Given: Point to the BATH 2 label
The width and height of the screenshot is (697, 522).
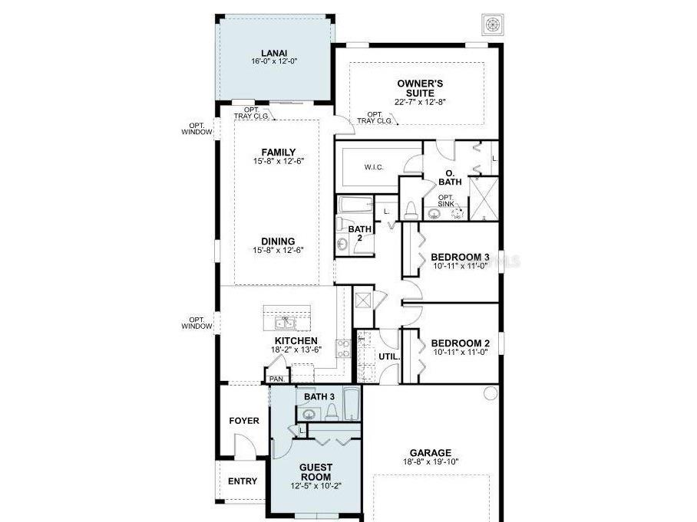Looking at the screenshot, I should [x=359, y=233].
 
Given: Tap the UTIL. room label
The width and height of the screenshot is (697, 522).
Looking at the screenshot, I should [x=389, y=356].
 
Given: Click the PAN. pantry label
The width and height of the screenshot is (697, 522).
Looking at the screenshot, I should [x=276, y=379].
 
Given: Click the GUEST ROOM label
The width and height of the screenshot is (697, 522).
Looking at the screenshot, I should [x=315, y=472].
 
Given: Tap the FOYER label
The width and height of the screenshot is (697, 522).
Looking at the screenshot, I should [x=245, y=421].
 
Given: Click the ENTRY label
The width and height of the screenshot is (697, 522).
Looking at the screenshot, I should [x=243, y=481].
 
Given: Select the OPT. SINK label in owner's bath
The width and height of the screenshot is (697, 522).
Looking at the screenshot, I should [x=447, y=201].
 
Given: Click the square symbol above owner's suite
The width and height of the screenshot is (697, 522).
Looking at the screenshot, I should [x=491, y=24].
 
